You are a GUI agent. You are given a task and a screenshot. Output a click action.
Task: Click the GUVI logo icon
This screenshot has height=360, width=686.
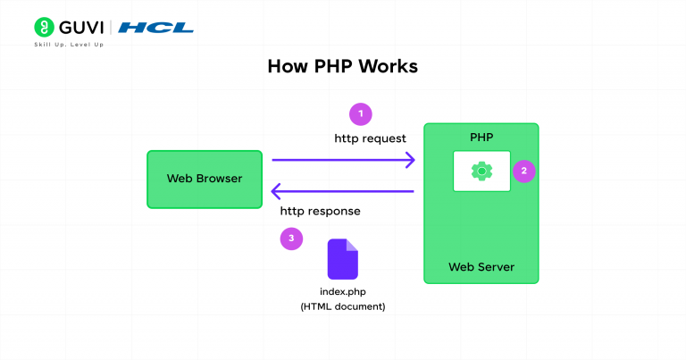pyautogui.click(x=42, y=27)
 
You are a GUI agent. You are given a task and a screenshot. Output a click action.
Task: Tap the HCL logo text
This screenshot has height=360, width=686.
pyautogui.click(x=155, y=28)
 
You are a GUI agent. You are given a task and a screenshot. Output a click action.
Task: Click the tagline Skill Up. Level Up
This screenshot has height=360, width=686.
pyautogui.click(x=69, y=45)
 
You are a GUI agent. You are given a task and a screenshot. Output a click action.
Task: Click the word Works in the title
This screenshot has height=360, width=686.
pyautogui.click(x=386, y=67)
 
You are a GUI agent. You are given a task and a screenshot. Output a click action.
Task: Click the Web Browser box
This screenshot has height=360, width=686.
pyautogui.click(x=205, y=179)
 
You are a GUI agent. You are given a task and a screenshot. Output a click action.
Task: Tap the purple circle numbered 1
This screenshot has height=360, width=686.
pyautogui.click(x=360, y=114)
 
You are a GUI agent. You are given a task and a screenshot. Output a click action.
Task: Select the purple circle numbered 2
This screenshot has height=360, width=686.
pyautogui.click(x=524, y=171)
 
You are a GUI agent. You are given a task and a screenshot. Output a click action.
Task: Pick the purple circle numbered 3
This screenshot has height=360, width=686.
pyautogui.click(x=290, y=239)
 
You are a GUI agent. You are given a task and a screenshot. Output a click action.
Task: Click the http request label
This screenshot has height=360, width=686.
pyautogui.click(x=370, y=138)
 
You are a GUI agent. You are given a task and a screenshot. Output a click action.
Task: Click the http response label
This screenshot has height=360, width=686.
pyautogui.click(x=321, y=212)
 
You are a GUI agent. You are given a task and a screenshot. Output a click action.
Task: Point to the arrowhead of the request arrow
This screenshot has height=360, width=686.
pyautogui.click(x=410, y=160)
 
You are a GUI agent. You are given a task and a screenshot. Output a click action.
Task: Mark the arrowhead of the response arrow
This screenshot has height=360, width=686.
pyautogui.click(x=277, y=190)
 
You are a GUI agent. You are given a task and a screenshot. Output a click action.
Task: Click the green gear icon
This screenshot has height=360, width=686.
pyautogui.click(x=481, y=170)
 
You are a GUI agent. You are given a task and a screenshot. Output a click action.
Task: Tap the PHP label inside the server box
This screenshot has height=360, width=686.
pyautogui.click(x=481, y=138)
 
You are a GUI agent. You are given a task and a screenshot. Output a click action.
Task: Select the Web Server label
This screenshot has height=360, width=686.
pyautogui.click(x=481, y=267)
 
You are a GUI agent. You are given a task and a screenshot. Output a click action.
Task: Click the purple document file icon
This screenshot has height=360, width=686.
pyautogui.click(x=342, y=259)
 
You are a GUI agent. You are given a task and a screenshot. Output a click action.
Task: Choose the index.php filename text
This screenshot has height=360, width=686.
pyautogui.click(x=342, y=292)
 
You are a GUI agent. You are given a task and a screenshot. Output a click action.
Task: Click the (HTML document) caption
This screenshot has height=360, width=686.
pyautogui.click(x=342, y=307)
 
